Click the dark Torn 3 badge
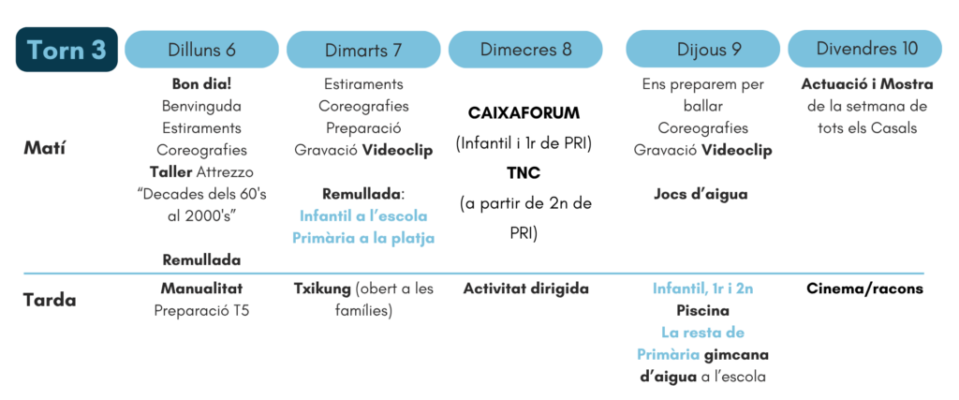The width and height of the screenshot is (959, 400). [66, 50]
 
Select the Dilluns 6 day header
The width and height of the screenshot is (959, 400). [202, 50]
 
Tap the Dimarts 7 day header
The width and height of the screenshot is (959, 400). [363, 50]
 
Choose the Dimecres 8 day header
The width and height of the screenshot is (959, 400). [525, 50]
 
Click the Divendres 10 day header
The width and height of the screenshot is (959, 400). [864, 50]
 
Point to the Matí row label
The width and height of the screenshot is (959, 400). [44, 149]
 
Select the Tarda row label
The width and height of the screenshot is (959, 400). [50, 301]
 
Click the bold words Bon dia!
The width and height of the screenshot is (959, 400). [202, 83]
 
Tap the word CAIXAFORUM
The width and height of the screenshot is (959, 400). [524, 113]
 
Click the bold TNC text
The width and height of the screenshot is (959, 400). [524, 173]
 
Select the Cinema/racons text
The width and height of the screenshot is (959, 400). [864, 289]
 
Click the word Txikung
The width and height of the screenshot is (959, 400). [321, 289]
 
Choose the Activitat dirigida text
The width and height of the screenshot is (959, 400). [526, 289]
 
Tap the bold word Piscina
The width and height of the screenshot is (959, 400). [702, 311]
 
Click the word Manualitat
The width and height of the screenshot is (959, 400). [202, 289]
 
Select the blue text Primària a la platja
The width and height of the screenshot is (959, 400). [363, 238]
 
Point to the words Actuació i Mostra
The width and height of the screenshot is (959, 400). [867, 83]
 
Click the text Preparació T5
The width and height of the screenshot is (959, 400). [202, 311]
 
